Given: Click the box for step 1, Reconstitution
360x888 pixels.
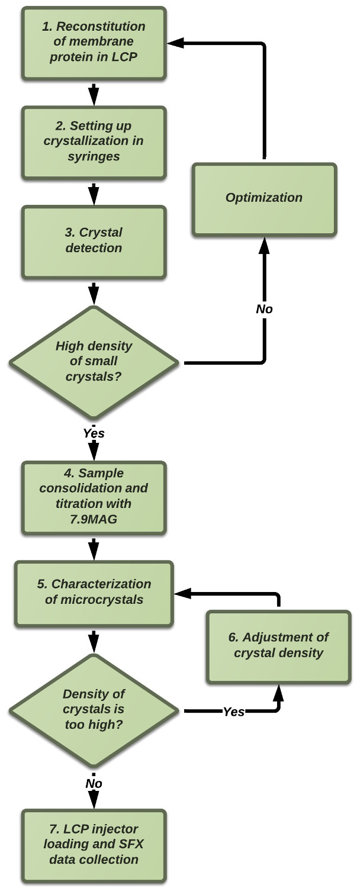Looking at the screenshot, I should [x=94, y=43].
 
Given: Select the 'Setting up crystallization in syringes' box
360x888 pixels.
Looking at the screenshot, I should [x=94, y=141].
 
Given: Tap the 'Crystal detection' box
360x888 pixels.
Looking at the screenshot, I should [x=94, y=240].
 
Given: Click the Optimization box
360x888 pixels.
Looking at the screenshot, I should [x=264, y=198].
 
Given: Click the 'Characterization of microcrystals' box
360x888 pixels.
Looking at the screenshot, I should [x=94, y=591].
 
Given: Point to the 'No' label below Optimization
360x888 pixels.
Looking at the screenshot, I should [x=264, y=308].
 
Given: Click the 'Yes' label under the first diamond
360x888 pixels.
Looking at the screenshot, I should [x=94, y=433].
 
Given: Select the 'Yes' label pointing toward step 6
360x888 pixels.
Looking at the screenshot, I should [x=234, y=712].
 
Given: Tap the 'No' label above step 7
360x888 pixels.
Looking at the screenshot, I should [x=94, y=783].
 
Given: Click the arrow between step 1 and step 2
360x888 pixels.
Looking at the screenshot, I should [x=94, y=93].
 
